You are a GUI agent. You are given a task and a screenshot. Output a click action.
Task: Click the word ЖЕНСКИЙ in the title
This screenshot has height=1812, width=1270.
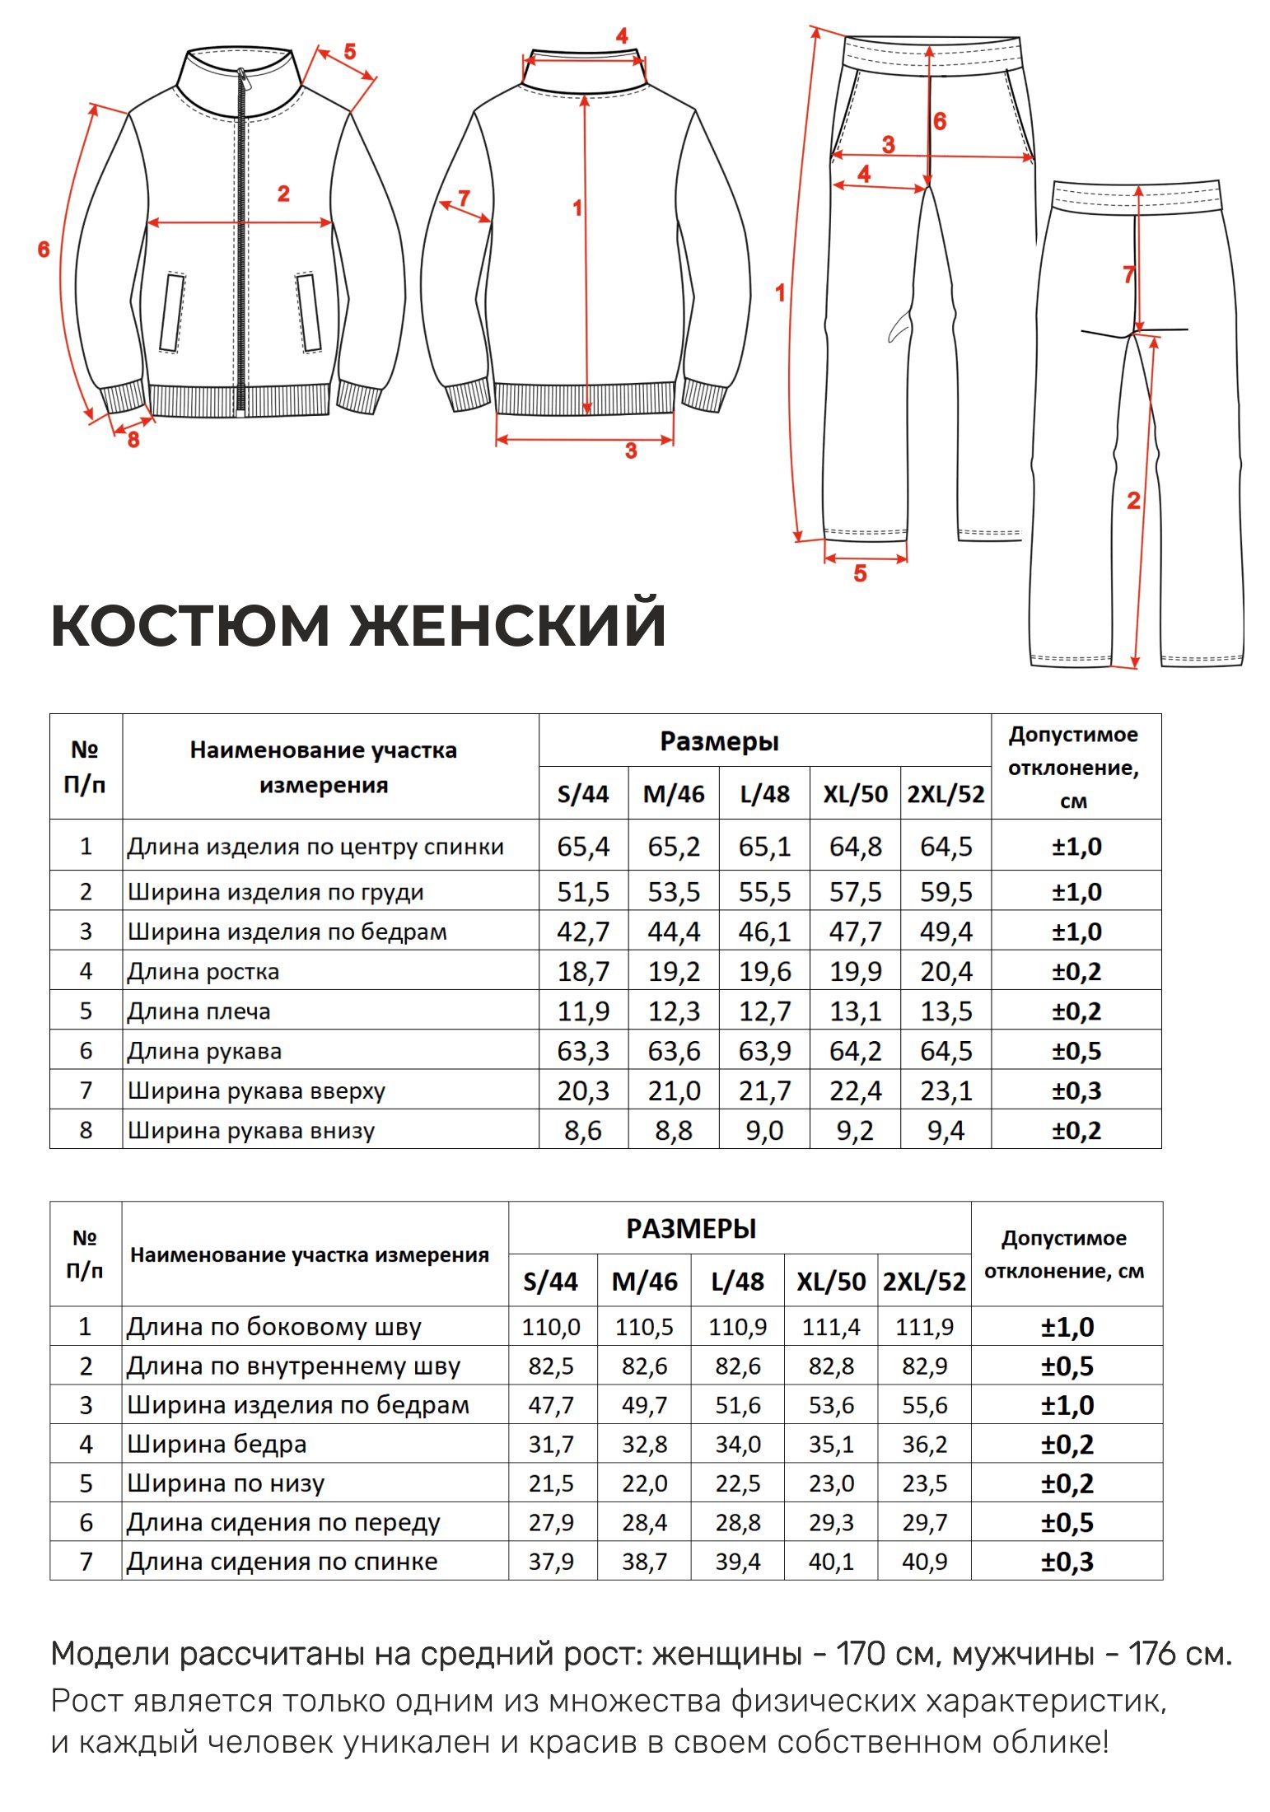(x=507, y=626)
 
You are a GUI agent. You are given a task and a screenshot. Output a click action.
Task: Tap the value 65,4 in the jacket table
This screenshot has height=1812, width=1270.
(x=582, y=847)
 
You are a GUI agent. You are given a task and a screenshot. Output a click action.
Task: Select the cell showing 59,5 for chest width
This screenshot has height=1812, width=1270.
(x=945, y=892)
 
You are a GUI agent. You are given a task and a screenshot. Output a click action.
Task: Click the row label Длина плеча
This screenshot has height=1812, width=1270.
(x=198, y=1011)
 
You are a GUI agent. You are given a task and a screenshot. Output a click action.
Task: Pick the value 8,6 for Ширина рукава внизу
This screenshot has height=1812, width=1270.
(x=582, y=1130)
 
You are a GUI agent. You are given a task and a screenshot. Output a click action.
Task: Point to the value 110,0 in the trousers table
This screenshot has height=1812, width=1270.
(x=550, y=1327)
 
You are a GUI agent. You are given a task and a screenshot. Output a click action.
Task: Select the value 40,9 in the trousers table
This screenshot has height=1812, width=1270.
(x=924, y=1561)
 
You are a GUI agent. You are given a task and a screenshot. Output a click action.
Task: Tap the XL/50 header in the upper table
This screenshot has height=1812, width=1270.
(x=855, y=794)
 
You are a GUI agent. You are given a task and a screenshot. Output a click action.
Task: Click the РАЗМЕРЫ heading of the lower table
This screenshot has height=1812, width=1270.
(x=691, y=1229)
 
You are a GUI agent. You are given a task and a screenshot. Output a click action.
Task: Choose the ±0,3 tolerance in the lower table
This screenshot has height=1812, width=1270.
(x=1067, y=1562)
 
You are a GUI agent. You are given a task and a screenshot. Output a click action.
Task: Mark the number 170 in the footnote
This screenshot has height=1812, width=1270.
(x=860, y=1654)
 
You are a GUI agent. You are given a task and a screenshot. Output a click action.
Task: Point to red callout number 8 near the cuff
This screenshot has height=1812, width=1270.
(x=133, y=440)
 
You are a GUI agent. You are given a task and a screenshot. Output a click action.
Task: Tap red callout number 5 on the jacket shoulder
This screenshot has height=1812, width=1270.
(x=350, y=52)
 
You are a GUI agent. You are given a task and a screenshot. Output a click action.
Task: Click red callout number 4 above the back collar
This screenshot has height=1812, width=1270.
(x=622, y=36)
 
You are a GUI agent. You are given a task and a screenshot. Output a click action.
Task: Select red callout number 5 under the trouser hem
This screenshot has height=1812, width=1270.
(x=860, y=573)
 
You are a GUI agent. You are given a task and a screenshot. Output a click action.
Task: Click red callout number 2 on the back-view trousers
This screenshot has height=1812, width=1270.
(x=1133, y=500)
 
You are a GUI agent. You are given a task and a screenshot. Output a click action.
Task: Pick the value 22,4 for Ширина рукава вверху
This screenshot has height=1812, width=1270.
(x=855, y=1090)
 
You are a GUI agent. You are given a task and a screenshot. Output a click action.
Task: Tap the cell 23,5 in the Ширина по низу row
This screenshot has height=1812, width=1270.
(x=924, y=1483)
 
